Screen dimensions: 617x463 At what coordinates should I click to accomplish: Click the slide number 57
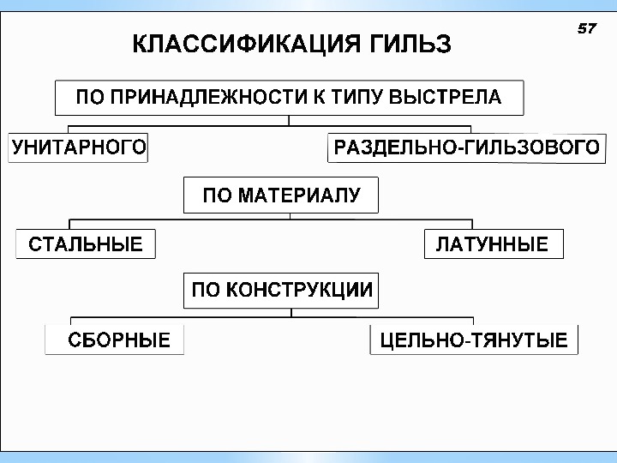(x=586, y=29)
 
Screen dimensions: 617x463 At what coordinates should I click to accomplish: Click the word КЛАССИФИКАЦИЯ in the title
(x=237, y=45)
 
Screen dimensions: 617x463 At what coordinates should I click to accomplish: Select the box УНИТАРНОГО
(x=78, y=147)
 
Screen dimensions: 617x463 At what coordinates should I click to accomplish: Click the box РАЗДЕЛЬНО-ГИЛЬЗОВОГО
(x=466, y=147)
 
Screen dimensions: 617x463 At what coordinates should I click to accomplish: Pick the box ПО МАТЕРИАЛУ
(x=281, y=196)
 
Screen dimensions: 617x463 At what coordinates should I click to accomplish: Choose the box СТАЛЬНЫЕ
(x=86, y=244)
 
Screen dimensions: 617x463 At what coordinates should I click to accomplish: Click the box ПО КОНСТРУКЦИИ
(x=281, y=290)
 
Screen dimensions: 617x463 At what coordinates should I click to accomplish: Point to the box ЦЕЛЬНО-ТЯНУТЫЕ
(x=473, y=340)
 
